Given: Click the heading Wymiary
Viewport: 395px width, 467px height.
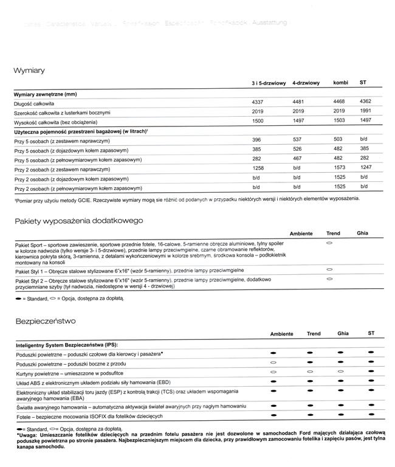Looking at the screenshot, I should pyautogui.click(x=29, y=71).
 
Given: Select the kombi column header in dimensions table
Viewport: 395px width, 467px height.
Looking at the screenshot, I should pyautogui.click(x=340, y=82).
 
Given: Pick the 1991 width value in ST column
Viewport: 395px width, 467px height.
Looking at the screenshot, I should pyautogui.click(x=365, y=112).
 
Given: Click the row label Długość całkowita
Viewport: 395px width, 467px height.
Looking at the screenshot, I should pyautogui.click(x=36, y=105).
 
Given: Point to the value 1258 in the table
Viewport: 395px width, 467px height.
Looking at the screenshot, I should pyautogui.click(x=259, y=168).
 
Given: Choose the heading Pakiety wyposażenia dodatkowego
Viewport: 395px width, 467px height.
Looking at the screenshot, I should pyautogui.click(x=78, y=221).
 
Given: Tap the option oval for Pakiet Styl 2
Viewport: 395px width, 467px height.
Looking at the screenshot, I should pyautogui.click(x=329, y=278).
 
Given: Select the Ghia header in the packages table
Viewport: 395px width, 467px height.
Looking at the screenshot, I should pyautogui.click(x=362, y=233).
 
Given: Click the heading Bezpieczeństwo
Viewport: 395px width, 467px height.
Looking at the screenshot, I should pyautogui.click(x=46, y=320).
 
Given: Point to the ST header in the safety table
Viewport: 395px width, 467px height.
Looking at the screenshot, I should pyautogui.click(x=371, y=333).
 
